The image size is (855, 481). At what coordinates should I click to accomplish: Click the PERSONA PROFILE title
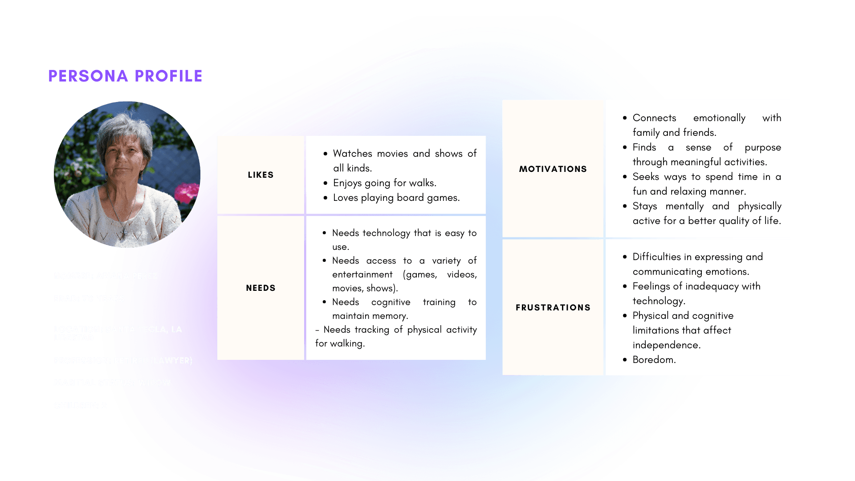(x=125, y=76)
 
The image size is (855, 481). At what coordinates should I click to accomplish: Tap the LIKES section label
(x=261, y=175)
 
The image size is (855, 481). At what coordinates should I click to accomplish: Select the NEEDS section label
(x=261, y=288)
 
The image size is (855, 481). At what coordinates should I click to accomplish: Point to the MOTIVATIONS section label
(x=553, y=169)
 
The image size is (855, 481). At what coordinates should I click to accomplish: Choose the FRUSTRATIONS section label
(x=553, y=308)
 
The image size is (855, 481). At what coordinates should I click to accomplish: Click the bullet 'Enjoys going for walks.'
(x=384, y=183)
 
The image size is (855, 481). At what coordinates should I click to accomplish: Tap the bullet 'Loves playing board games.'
(x=396, y=198)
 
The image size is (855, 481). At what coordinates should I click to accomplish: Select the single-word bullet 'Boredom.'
(x=654, y=360)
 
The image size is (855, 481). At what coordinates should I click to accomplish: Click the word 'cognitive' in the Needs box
(x=391, y=302)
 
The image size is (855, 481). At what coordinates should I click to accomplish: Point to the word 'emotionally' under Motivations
(x=719, y=118)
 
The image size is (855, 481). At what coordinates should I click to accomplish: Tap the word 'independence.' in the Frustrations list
(x=666, y=345)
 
